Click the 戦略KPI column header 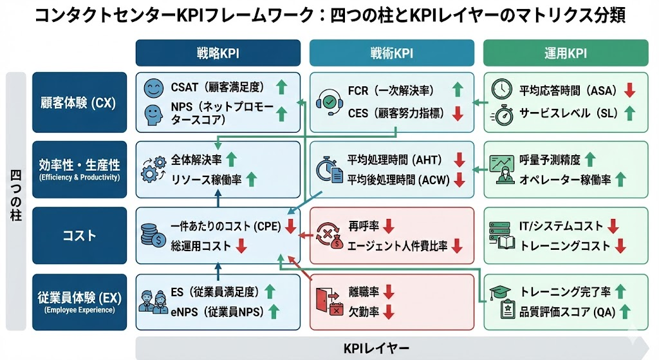(218, 53)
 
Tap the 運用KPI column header (566, 53)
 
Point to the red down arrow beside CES (458, 114)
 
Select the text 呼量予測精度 (549, 159)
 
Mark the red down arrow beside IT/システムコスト (612, 226)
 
